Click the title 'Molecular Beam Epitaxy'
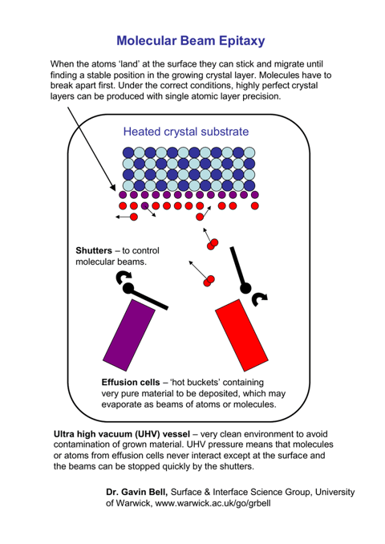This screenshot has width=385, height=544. coord(191,41)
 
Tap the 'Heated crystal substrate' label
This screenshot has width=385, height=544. coord(186,132)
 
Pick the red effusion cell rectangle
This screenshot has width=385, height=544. coord(241,335)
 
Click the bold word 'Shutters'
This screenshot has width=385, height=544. coord(94,250)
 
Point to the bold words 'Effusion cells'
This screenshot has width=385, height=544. coord(131,383)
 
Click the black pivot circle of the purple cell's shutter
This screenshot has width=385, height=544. coord(128,288)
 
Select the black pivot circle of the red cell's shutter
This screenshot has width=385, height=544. coord(245,288)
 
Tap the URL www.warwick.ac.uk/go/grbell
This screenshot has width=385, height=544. coord(213,503)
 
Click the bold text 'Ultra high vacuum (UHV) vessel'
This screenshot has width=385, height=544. coord(122,434)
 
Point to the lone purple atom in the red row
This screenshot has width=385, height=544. coord(145,205)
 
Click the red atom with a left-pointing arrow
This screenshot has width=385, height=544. coord(134,217)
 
